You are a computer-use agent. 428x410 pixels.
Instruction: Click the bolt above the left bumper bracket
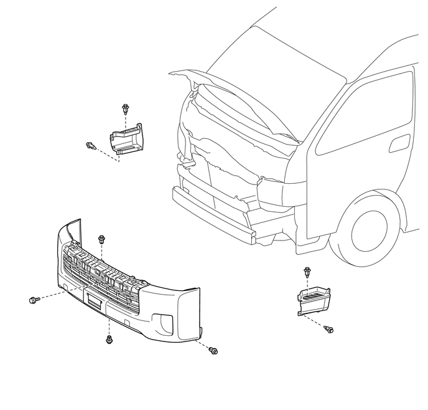click(125, 110)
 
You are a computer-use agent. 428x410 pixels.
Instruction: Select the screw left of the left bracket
click(90, 146)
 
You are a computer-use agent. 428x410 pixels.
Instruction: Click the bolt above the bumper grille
click(101, 239)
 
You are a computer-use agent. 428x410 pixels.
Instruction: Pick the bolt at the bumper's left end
click(34, 300)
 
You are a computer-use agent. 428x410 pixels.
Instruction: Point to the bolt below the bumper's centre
click(109, 339)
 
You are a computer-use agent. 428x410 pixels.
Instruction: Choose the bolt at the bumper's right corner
click(213, 351)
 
